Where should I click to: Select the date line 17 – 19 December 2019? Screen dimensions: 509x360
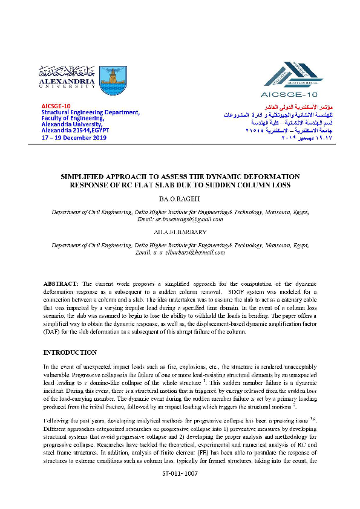click(74, 138)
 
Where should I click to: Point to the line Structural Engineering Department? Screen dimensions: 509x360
click(91, 112)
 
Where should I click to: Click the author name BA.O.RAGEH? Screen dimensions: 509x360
click(180, 197)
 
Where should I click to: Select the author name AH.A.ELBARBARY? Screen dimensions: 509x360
click(180, 230)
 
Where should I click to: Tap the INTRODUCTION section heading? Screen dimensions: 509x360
click(70, 352)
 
